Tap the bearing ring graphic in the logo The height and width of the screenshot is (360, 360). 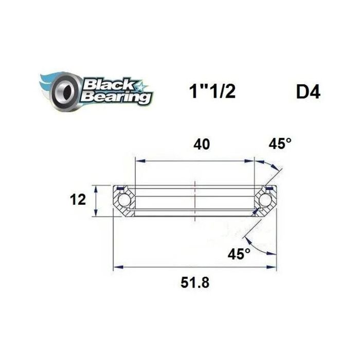click(x=63, y=91)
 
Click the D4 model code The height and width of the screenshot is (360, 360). click(x=308, y=93)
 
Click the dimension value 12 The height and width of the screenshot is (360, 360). click(x=79, y=200)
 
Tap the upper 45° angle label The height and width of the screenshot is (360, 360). click(x=280, y=144)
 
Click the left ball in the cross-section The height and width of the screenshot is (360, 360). click(x=123, y=200)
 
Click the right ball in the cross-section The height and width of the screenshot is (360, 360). click(x=267, y=200)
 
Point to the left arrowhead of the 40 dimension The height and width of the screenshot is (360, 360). click(x=138, y=161)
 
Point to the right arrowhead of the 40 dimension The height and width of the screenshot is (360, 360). click(x=253, y=161)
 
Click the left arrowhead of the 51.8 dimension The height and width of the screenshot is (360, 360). click(x=117, y=266)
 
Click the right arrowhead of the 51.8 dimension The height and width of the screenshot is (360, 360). click(x=275, y=266)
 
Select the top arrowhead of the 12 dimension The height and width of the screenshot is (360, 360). click(x=96, y=187)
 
